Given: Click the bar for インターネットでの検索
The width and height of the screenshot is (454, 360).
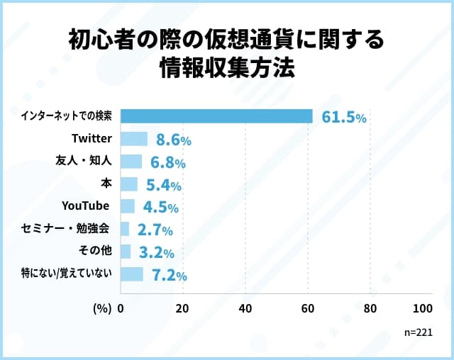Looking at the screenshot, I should [216, 116].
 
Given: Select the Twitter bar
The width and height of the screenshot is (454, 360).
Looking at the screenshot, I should [134, 139].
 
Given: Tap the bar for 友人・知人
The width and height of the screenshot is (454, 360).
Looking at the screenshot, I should [131, 162].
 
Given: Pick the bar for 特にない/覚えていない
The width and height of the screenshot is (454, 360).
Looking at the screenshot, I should [132, 274].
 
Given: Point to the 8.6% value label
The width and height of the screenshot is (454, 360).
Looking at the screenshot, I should [173, 140].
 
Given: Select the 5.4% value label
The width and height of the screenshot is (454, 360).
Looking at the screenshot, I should [162, 186].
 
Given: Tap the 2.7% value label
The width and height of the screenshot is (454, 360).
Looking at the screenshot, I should [154, 230].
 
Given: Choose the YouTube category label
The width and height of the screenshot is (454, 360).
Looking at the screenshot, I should [86, 206].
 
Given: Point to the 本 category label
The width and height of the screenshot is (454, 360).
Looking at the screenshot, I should [106, 184].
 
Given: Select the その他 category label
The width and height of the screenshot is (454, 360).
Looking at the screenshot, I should [93, 251].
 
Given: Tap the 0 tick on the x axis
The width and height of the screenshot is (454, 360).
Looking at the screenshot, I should [121, 309].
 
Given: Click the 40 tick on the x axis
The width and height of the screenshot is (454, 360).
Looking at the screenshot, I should [245, 309].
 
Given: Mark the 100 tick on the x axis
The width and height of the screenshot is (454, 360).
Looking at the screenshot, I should [423, 309].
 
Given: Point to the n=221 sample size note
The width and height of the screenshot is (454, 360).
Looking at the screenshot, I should [418, 331].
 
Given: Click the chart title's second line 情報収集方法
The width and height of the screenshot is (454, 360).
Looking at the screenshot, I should [226, 69].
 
